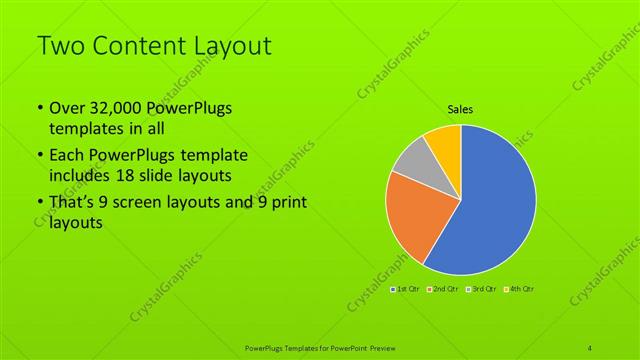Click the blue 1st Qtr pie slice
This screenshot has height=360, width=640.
pos(490,205)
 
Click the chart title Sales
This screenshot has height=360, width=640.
pos(460,110)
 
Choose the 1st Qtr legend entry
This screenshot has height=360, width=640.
pos(406,289)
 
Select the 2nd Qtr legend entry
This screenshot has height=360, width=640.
pos(444,289)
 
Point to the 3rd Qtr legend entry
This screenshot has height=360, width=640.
pos(481,289)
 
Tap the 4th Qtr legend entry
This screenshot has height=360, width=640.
pos(519,289)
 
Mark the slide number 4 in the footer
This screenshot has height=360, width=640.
pos(591,348)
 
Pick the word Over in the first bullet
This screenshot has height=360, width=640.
pos(66,109)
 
